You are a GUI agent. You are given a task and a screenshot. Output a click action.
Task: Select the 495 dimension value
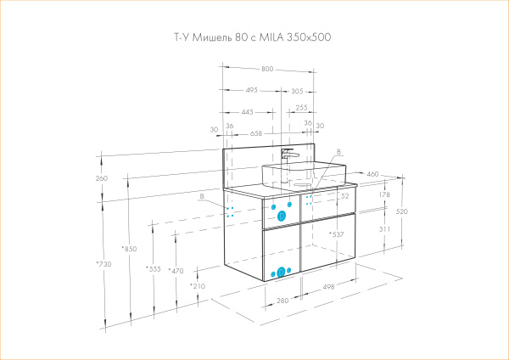coord(252,90)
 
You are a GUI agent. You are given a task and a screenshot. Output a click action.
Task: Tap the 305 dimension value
coord(297,90)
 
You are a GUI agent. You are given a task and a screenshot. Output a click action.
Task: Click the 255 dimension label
coord(301,109)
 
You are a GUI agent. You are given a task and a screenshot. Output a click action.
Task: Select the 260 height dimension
coord(103,178)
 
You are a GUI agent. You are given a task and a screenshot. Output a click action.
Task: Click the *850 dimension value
coord(129,249)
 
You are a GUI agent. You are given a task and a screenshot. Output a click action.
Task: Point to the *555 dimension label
coord(153,269)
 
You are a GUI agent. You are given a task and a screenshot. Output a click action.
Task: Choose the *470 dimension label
coord(176,271)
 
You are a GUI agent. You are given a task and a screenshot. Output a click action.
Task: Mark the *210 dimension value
coord(197,287)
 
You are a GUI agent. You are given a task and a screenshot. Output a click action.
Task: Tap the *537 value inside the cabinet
coord(336,234)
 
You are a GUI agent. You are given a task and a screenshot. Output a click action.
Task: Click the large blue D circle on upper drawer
coord(282,217)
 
